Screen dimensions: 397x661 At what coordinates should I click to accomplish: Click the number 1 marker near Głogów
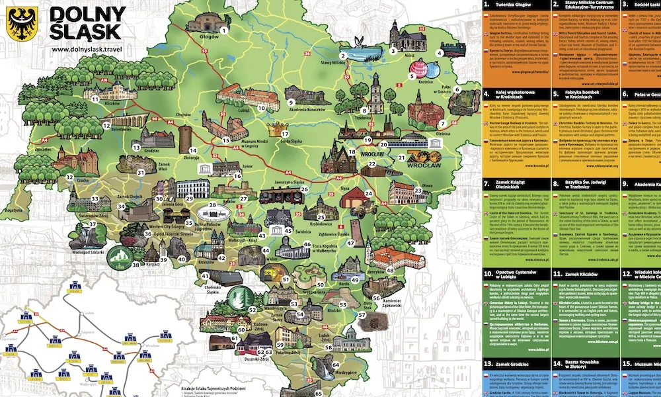224,30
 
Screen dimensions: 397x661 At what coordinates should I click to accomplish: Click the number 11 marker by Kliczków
95,99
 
